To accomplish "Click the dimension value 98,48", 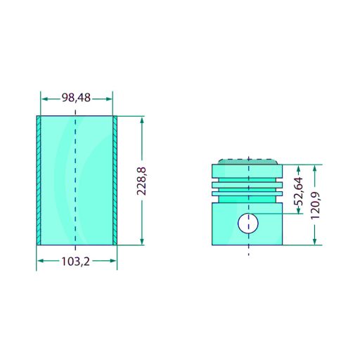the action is (76, 98).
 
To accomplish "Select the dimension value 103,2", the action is (75, 262).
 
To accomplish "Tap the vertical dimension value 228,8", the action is (141, 181).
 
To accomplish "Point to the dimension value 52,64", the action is (298, 191).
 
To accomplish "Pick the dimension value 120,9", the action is (315, 205).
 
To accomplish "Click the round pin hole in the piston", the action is (248, 224).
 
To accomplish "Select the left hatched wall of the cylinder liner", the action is (39, 181).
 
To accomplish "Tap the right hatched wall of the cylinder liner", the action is (115, 181).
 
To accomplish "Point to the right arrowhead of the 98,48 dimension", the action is (109, 99).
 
